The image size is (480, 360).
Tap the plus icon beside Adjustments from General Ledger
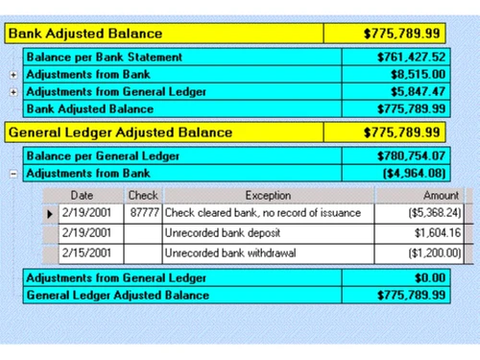pos(12,91)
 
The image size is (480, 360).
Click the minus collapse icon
pos(12,174)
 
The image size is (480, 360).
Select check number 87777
pos(143,212)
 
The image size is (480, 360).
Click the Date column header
pos(82,195)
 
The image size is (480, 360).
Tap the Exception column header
pos(260,195)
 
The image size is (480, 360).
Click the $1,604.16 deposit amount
pos(438,233)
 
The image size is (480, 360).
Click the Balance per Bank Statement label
pos(105,57)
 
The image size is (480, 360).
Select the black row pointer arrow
pos(50,212)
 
